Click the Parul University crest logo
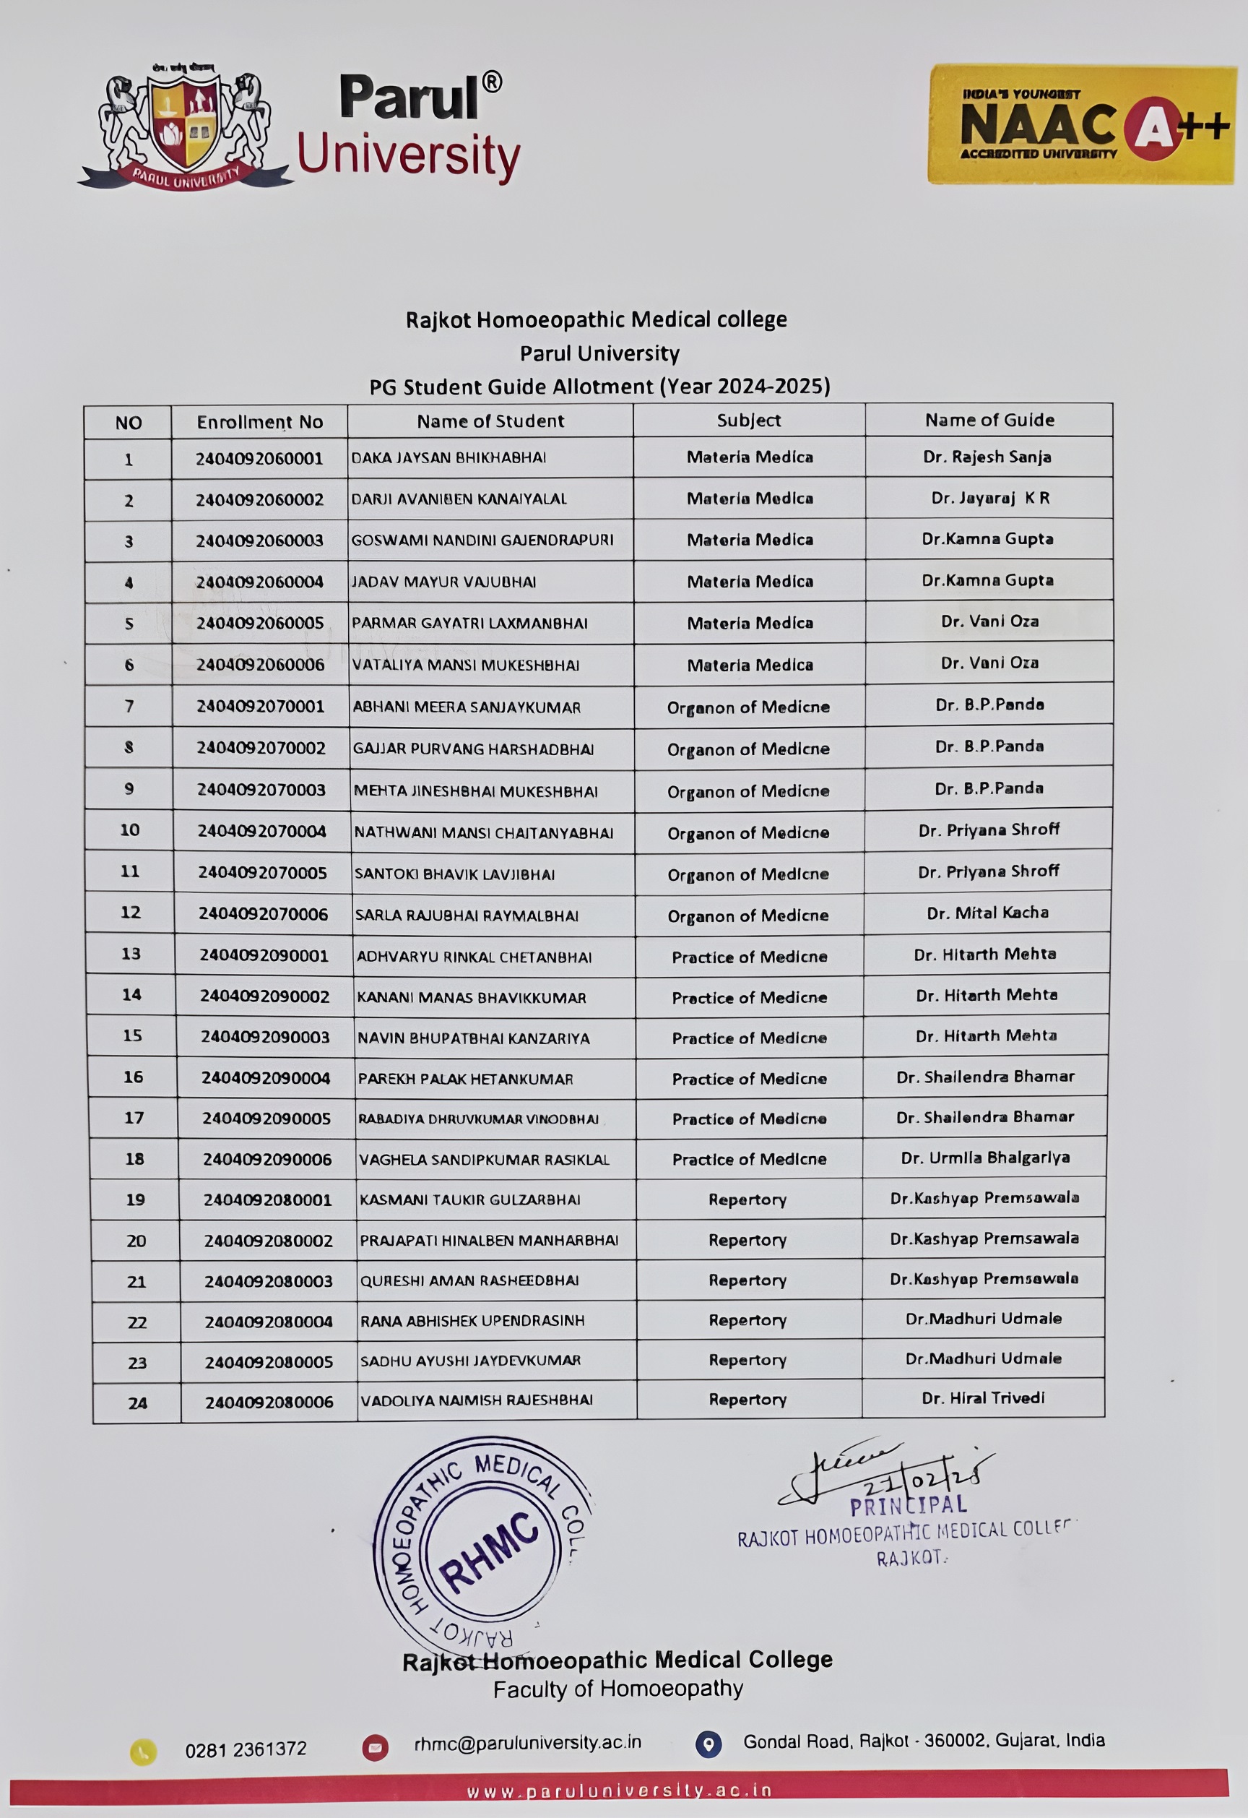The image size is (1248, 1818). click(186, 125)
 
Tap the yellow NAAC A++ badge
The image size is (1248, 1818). click(1081, 124)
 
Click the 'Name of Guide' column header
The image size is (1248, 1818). click(989, 420)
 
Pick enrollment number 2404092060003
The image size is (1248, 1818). click(259, 540)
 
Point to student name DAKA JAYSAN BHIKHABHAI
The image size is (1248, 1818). click(448, 457)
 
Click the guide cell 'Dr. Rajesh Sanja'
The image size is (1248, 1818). click(987, 457)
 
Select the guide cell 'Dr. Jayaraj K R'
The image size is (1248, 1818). click(990, 499)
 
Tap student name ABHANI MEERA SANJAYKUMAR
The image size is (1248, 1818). click(467, 707)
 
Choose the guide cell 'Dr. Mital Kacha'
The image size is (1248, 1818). click(987, 913)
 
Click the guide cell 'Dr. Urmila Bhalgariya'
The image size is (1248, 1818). click(985, 1158)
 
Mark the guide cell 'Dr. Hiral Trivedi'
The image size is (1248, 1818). click(983, 1398)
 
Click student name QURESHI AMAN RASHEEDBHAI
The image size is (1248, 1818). click(469, 1280)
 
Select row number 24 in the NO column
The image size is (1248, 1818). click(138, 1403)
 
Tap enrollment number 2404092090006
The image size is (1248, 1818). click(267, 1159)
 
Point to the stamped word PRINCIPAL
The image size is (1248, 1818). click(908, 1506)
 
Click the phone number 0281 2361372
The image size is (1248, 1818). click(246, 1749)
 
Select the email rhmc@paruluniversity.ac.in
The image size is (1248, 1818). click(527, 1743)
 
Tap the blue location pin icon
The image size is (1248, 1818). click(708, 1744)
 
